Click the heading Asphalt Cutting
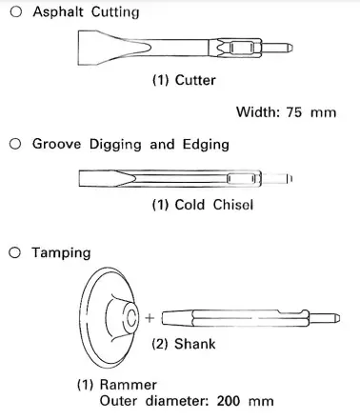pos(86,12)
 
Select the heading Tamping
pos(62,253)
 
